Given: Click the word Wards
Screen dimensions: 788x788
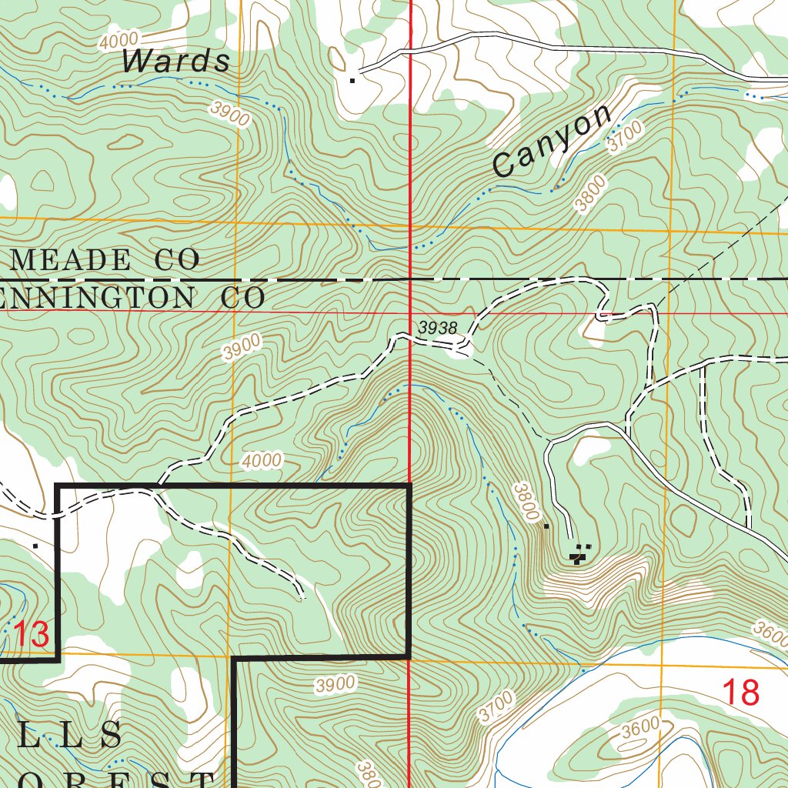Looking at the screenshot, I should pyautogui.click(x=177, y=61).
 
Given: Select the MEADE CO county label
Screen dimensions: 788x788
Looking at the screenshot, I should pyautogui.click(x=105, y=260).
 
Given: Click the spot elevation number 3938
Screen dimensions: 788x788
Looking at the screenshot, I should pyautogui.click(x=438, y=329).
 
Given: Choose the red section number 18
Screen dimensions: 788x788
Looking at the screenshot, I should pyautogui.click(x=741, y=693).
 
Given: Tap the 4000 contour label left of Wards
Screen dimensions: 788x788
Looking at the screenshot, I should pyautogui.click(x=119, y=40).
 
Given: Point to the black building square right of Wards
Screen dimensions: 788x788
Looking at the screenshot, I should pyautogui.click(x=353, y=79).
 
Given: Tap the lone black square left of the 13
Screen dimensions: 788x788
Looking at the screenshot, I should pyautogui.click(x=35, y=545).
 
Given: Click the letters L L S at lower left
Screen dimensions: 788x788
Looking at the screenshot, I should pyautogui.click(x=69, y=736).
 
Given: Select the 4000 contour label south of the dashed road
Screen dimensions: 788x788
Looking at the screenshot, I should pyautogui.click(x=261, y=461).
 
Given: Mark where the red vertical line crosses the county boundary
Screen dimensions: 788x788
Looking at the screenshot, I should pyautogui.click(x=409, y=279).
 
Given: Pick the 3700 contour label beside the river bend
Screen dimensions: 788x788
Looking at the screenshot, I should pyautogui.click(x=495, y=706).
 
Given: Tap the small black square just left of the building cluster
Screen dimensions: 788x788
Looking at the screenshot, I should pyautogui.click(x=546, y=527).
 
